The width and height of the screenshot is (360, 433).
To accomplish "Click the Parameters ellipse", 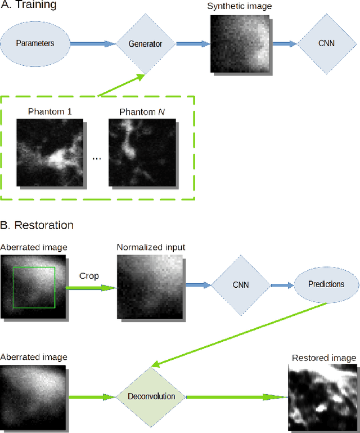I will click(x=35, y=43).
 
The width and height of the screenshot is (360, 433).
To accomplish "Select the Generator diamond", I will click(x=145, y=43).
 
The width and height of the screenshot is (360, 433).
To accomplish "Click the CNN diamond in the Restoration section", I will click(x=240, y=285).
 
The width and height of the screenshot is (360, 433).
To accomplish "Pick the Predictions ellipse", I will click(x=326, y=284).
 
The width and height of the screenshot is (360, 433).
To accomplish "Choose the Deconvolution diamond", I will click(x=151, y=396).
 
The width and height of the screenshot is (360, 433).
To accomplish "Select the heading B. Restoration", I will click(x=37, y=225).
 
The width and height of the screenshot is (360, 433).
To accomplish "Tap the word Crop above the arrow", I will click(x=89, y=276).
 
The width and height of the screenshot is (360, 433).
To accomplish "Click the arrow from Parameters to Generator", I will click(x=93, y=43).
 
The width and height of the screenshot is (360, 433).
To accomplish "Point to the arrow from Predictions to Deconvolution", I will click(x=242, y=334).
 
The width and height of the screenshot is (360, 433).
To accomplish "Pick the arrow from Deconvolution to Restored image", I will click(x=236, y=396).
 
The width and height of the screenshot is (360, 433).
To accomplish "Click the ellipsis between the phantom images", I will click(x=96, y=159).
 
